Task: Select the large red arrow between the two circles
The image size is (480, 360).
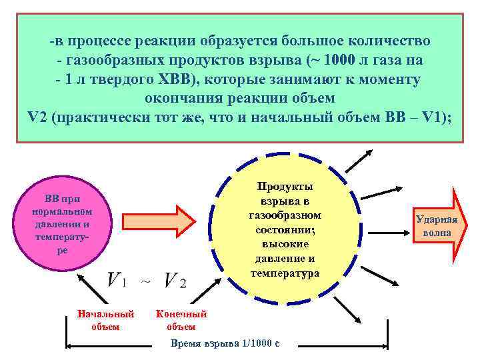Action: (155, 221)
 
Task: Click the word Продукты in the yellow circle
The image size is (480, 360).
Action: (285, 187)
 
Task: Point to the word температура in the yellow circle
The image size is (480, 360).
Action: (285, 273)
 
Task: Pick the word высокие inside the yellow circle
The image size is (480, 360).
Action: (285, 244)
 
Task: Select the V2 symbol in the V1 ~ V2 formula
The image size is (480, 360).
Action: (175, 281)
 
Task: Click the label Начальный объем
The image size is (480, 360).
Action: (105, 320)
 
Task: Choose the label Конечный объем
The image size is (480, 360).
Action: (181, 320)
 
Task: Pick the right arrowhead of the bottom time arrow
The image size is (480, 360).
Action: (385, 345)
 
